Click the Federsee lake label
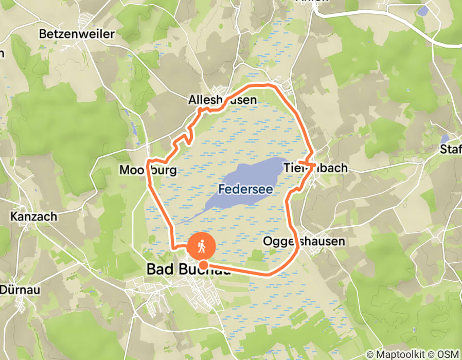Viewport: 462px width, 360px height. (x=245, y=189)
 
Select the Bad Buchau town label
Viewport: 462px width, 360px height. (x=188, y=269)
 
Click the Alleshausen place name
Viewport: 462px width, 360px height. (x=222, y=100)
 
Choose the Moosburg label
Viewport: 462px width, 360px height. (x=148, y=170)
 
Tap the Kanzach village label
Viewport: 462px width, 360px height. (x=33, y=217)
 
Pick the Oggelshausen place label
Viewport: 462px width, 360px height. (x=304, y=241)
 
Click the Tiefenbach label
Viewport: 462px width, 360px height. (x=315, y=168)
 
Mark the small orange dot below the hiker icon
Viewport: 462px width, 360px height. (x=203, y=265)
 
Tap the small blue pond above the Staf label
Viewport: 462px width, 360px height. (x=445, y=139)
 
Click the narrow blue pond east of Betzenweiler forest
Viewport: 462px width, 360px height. (x=135, y=129)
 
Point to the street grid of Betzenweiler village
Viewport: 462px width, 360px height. (x=82, y=21)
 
